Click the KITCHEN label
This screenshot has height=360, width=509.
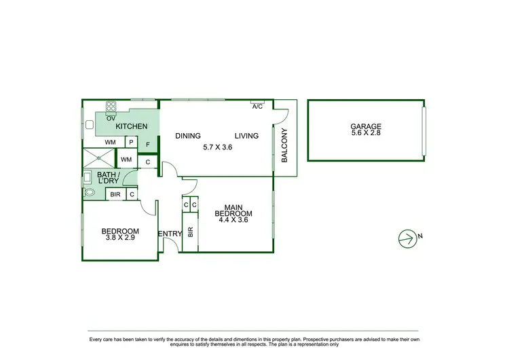(x=132, y=127)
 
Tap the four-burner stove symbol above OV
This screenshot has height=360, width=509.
(x=111, y=106)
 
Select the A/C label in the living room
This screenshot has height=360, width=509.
(x=257, y=107)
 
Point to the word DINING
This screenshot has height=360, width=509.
(x=188, y=136)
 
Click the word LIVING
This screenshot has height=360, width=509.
(x=247, y=136)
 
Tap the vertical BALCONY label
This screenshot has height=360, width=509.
(x=285, y=145)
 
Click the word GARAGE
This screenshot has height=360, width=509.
(x=366, y=126)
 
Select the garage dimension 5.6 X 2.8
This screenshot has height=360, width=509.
(x=366, y=134)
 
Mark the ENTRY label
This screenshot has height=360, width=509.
(x=170, y=234)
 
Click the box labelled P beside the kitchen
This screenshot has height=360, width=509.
(x=131, y=143)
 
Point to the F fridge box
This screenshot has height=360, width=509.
(x=148, y=145)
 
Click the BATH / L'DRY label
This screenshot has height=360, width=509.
(x=108, y=179)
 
